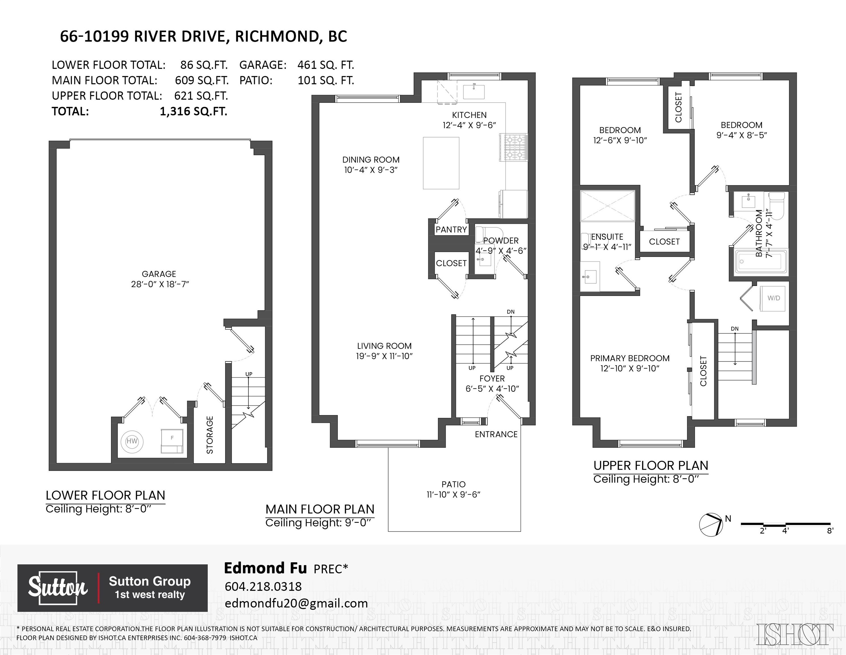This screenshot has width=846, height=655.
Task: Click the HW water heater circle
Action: click(x=132, y=441)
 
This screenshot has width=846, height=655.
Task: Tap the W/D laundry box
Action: click(x=774, y=298)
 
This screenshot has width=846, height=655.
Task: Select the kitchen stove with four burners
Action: click(x=513, y=147)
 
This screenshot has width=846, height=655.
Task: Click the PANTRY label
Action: click(x=451, y=230)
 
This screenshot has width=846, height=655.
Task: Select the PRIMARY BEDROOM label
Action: click(x=630, y=358)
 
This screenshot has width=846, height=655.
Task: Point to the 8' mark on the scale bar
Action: click(x=830, y=531)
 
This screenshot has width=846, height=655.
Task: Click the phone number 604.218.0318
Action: click(x=263, y=586)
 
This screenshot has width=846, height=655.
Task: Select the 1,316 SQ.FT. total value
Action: click(x=193, y=111)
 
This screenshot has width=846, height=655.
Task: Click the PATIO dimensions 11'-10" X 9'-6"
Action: click(x=453, y=494)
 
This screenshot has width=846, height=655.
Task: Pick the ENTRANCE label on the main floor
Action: click(x=496, y=434)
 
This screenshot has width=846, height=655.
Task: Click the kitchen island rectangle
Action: click(x=441, y=163)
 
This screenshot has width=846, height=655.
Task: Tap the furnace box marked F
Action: click(x=172, y=441)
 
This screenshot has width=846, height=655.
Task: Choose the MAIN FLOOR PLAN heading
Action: click(x=320, y=509)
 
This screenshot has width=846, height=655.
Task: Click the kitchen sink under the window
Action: click(x=474, y=92)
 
